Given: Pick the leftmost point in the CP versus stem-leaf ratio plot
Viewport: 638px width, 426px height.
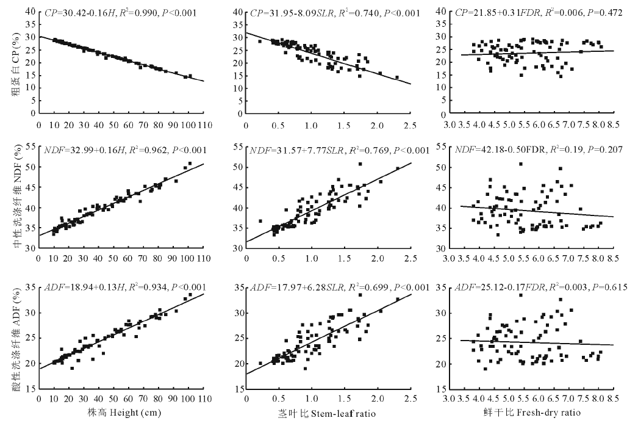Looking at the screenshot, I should [x=260, y=42].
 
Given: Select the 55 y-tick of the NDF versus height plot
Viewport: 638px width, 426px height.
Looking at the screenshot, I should [x=29, y=146].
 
